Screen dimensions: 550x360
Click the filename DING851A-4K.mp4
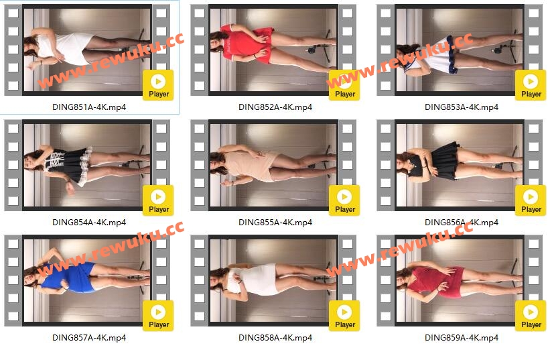[89, 107]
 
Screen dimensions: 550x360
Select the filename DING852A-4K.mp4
[275, 107]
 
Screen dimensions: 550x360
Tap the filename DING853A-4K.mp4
[462, 107]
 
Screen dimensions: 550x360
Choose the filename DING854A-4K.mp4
[89, 222]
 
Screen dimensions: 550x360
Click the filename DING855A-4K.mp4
[275, 222]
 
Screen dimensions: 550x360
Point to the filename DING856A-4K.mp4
[462, 222]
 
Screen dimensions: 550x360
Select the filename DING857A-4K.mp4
[89, 338]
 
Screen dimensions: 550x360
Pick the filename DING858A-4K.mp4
[275, 338]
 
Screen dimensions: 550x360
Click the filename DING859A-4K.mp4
[462, 338]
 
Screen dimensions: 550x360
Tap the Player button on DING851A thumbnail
[158, 85]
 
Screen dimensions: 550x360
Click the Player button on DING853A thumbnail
[531, 85]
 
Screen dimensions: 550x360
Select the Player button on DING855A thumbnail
[344, 200]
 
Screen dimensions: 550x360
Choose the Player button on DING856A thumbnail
[531, 200]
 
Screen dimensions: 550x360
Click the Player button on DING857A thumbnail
[158, 316]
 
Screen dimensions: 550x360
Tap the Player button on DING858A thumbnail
[344, 316]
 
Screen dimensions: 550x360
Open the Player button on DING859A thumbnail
[531, 316]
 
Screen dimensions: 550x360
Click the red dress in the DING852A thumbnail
[247, 44]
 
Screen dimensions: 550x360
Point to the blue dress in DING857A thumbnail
[70, 277]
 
